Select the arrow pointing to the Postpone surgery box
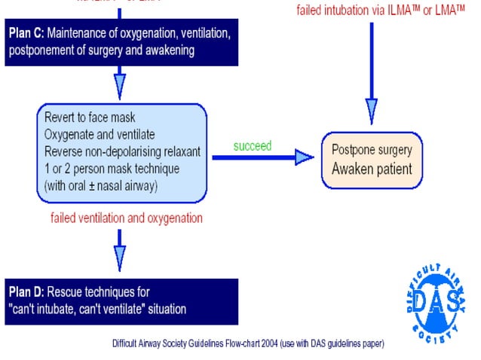pyautogui.click(x=303, y=157)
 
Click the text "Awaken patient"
pyautogui.click(x=372, y=168)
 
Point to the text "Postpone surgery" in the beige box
pyautogui.click(x=372, y=149)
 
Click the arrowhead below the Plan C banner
pyautogui.click(x=119, y=84)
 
